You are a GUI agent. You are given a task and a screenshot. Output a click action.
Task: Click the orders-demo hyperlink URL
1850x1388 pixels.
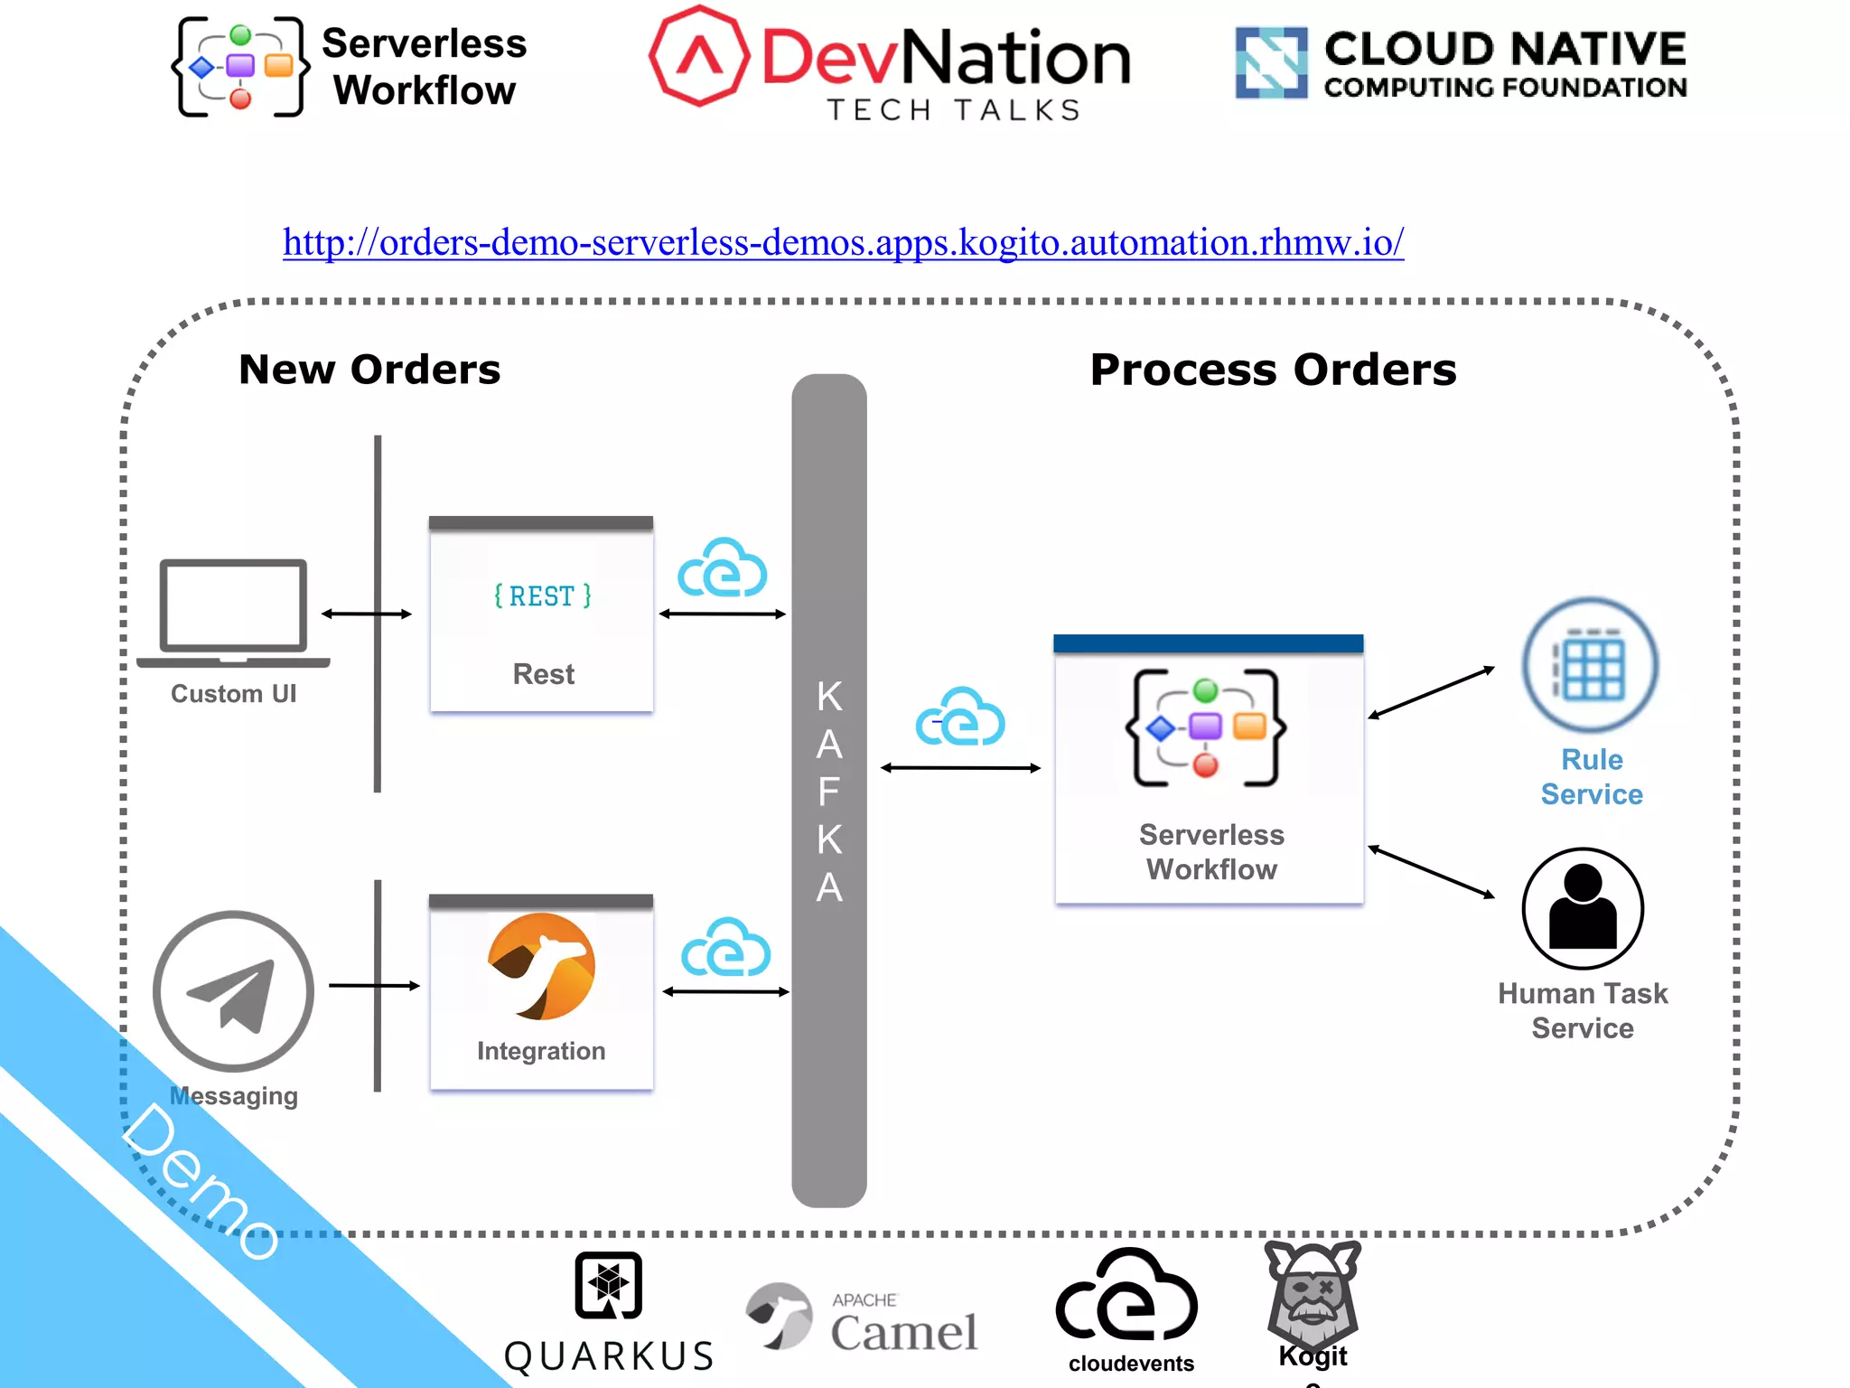tap(843, 242)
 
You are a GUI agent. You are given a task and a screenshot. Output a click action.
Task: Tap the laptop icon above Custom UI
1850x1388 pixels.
tap(233, 613)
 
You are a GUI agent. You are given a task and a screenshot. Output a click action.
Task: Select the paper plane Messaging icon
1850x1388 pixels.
tap(233, 991)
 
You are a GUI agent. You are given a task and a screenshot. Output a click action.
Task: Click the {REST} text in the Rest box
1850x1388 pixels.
tap(543, 596)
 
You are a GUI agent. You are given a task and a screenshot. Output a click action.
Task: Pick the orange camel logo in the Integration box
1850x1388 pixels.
tap(541, 966)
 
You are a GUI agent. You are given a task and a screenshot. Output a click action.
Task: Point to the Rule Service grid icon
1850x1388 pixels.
tap(1590, 665)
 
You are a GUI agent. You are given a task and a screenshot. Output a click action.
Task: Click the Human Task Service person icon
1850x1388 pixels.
tap(1583, 908)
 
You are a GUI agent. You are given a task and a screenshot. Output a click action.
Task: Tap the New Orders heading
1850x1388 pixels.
tap(369, 370)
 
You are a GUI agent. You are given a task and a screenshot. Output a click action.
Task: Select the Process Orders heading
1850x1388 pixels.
tap(1274, 370)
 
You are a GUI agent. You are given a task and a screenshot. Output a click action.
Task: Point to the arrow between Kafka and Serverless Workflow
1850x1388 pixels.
tap(961, 768)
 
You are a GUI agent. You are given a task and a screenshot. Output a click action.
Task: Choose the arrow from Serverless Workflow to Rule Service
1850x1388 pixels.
tap(1432, 692)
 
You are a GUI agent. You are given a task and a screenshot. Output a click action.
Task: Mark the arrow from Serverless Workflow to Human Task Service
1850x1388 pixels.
tap(1432, 872)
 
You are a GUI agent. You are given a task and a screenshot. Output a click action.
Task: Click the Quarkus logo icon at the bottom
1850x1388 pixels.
tap(609, 1285)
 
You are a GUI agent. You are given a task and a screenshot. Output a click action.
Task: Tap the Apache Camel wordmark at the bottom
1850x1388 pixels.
tap(903, 1323)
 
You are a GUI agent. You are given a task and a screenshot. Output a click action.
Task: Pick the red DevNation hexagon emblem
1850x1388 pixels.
tap(699, 56)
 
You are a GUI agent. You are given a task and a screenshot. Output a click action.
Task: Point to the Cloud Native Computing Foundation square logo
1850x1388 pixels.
tap(1271, 62)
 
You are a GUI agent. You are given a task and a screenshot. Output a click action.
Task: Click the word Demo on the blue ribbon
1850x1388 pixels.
tap(201, 1180)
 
